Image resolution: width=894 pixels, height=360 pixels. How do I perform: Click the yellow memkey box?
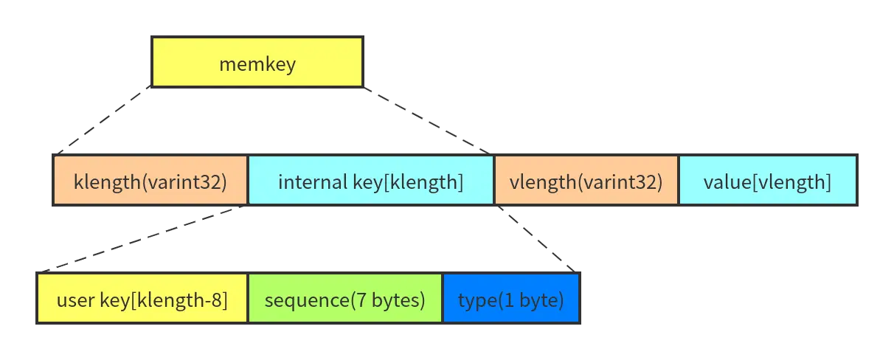[257, 63]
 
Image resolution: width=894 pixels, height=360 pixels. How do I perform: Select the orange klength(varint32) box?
[150, 181]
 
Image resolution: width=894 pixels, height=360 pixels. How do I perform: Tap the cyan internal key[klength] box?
[370, 181]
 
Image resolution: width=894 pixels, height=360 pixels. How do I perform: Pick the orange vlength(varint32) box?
[585, 181]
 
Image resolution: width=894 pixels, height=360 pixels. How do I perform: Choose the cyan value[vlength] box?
[767, 181]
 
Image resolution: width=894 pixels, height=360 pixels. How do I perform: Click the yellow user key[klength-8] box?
[142, 300]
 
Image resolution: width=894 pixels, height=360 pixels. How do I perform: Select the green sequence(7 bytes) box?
[344, 300]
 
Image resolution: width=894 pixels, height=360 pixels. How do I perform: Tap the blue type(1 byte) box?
[511, 300]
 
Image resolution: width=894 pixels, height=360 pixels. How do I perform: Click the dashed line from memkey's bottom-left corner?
[103, 120]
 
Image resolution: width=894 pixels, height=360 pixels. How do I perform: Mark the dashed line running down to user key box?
[144, 239]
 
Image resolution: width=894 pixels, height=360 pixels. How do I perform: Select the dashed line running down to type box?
[536, 239]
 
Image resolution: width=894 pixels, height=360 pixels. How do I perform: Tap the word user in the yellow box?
[72, 300]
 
